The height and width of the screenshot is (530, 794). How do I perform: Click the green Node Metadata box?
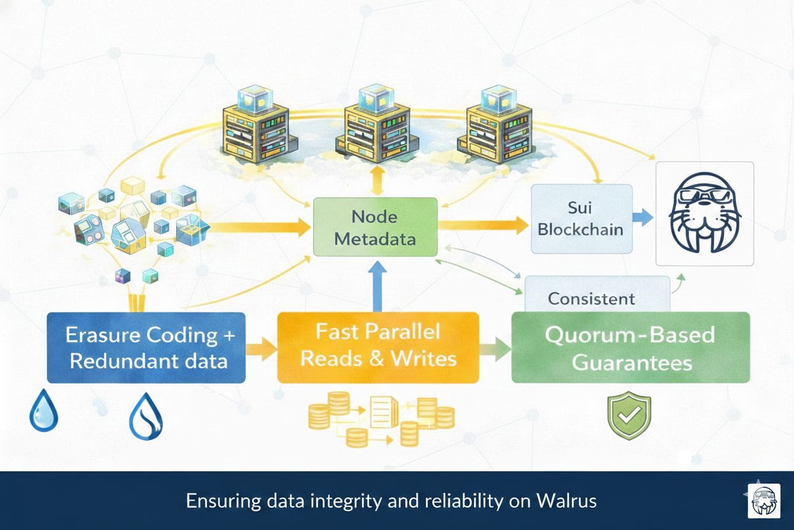[x=375, y=228]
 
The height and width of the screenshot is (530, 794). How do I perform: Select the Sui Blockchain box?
[x=581, y=218]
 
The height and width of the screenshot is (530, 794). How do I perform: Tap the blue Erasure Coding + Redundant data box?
[x=146, y=347]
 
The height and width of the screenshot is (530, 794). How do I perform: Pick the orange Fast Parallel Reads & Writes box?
[x=378, y=347]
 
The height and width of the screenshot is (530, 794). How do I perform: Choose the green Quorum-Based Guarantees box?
[x=630, y=348]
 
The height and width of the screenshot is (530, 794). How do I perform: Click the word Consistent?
[x=591, y=298]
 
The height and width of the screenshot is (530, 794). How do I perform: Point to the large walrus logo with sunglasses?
[x=705, y=213]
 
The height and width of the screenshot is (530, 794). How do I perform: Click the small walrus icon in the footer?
[x=763, y=500]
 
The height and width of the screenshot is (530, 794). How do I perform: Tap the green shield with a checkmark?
[x=629, y=415]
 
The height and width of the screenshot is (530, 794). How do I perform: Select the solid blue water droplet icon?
[x=44, y=412]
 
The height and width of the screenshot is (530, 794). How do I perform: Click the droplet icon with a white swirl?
[x=146, y=416]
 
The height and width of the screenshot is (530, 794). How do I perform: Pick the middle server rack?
[x=375, y=127]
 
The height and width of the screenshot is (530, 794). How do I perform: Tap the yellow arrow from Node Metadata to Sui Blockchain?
[x=484, y=224]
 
